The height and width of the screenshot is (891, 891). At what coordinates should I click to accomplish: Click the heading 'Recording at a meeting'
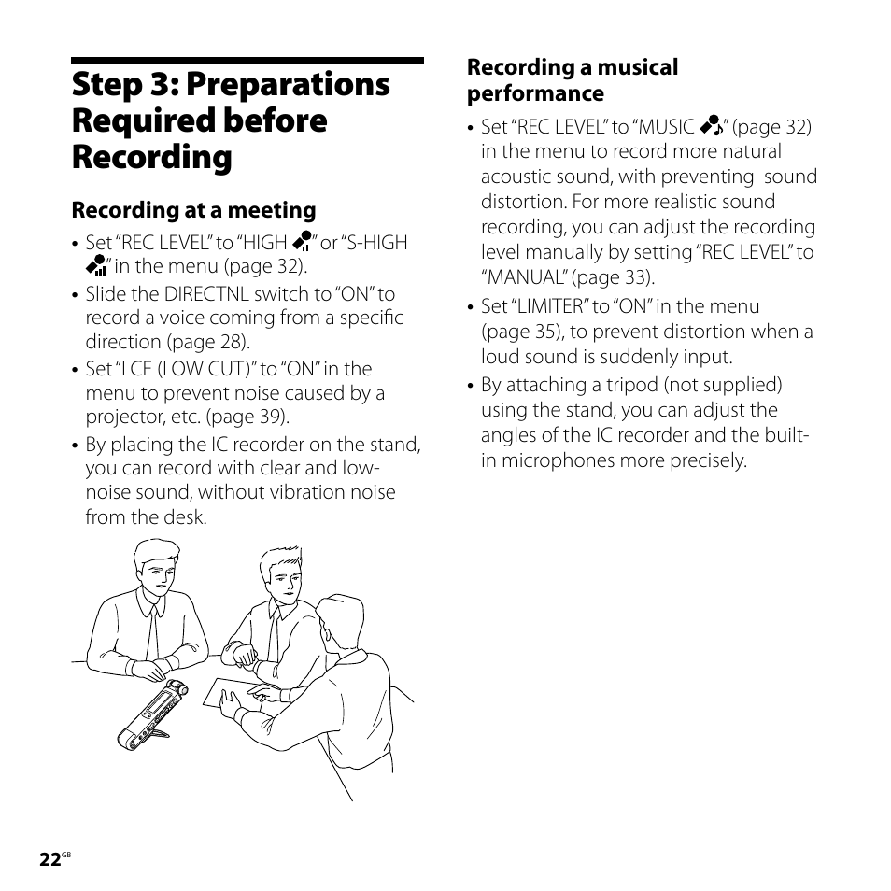point(194,210)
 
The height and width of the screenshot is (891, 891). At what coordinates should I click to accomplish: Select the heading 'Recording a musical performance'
point(573,80)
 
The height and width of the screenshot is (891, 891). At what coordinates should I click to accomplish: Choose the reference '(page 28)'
point(220,342)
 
